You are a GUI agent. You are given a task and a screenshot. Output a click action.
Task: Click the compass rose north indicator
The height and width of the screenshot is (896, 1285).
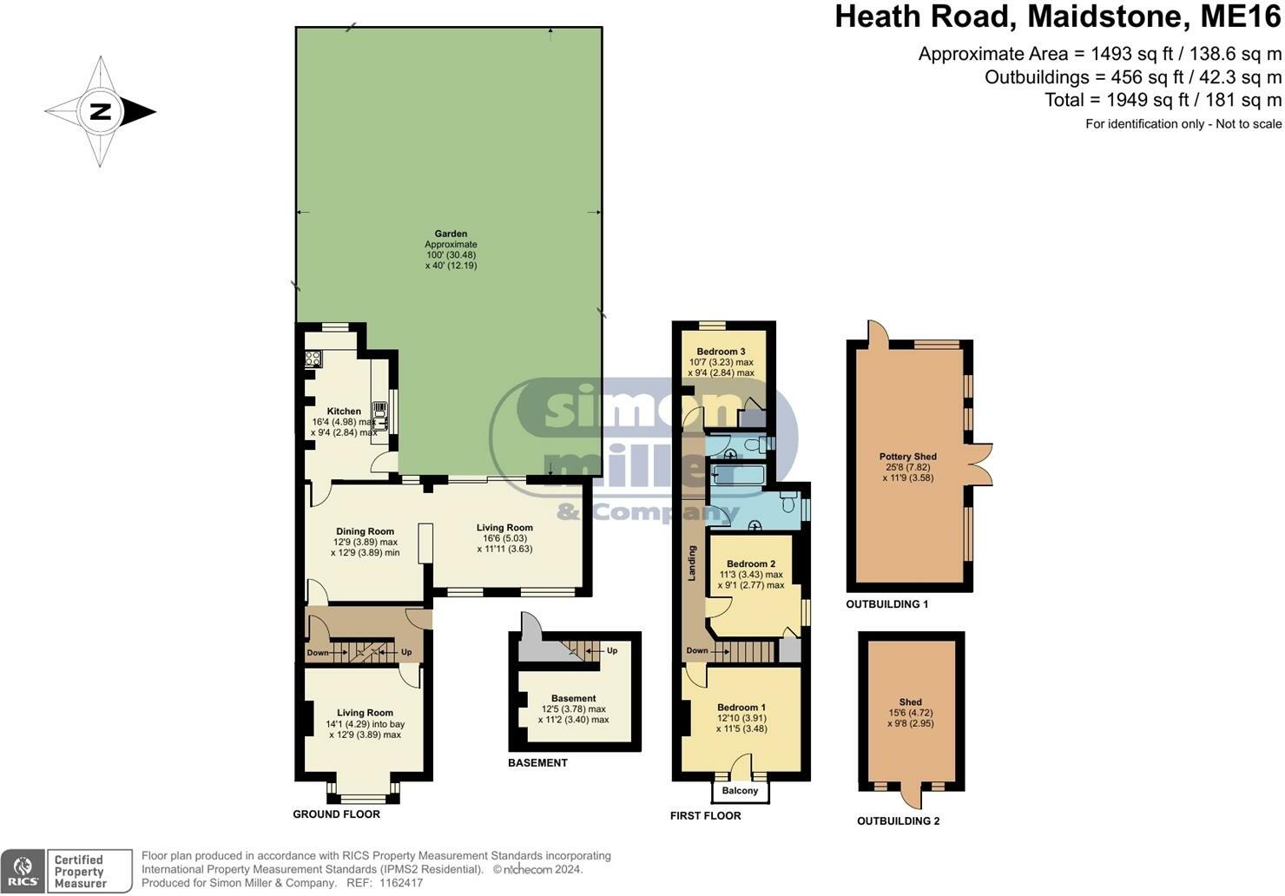point(101,111)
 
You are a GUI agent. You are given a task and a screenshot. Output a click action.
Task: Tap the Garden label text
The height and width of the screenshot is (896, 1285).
point(451,234)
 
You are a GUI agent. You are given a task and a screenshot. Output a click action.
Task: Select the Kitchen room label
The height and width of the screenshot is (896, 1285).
point(344,412)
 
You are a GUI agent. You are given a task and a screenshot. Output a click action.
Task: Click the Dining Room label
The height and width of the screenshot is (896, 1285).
point(365,531)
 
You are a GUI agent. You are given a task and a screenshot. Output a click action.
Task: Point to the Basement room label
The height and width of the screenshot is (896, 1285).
point(573,698)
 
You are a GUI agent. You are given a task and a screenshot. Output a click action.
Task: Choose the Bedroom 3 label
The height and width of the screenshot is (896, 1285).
point(721,352)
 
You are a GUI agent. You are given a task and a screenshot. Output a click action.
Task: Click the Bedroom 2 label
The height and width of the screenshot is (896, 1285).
point(751,563)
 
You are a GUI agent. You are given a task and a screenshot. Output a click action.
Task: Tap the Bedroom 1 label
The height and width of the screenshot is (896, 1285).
point(741,708)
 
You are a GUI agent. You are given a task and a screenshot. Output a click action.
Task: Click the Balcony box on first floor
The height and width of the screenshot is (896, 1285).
point(740,791)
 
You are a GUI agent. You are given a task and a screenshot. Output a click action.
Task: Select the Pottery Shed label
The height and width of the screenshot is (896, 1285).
point(907,457)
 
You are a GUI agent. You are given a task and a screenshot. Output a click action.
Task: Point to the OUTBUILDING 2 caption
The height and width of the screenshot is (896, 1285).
point(898,821)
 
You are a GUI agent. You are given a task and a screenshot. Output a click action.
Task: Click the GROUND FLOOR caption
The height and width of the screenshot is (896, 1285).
point(336,814)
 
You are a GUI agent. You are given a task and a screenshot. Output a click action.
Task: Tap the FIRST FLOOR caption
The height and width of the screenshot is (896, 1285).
point(705,816)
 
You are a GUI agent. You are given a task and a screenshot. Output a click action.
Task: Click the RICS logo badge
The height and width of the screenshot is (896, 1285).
point(23,871)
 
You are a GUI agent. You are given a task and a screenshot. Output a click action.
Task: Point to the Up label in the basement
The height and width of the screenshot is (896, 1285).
point(611,650)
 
